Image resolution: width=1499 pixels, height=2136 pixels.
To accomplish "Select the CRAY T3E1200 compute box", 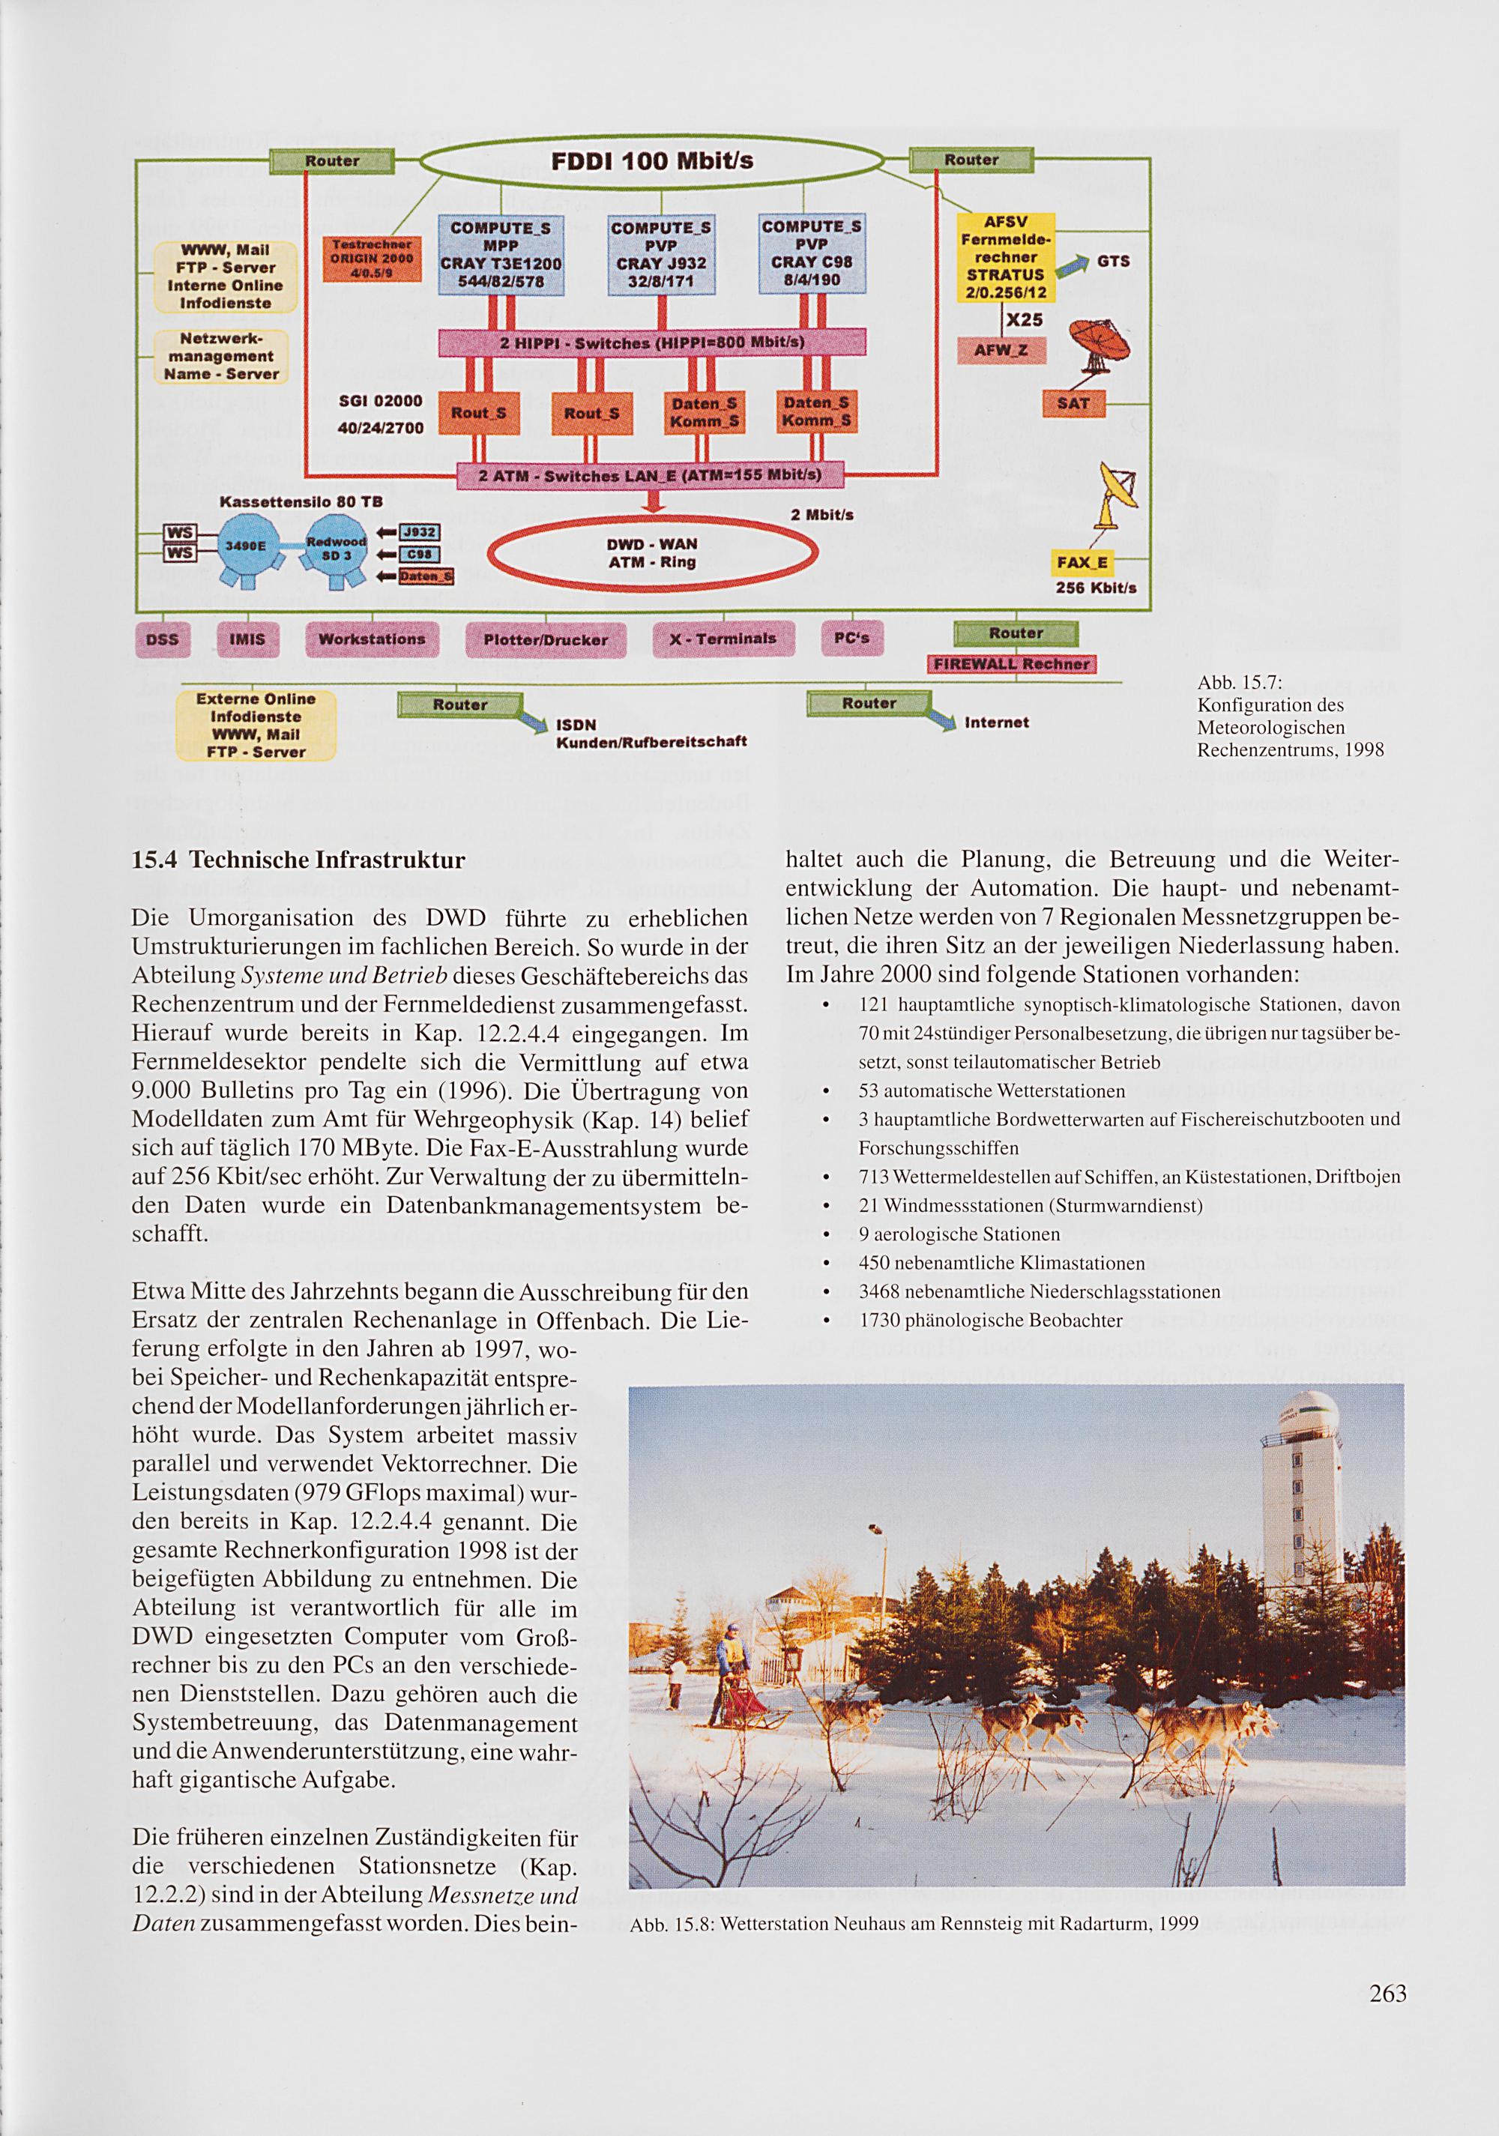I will (501, 254).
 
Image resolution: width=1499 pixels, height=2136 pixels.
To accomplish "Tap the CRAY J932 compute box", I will (660, 255).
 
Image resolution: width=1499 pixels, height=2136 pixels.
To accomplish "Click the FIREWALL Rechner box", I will (1011, 664).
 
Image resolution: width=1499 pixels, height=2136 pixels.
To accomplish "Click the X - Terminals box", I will (723, 639).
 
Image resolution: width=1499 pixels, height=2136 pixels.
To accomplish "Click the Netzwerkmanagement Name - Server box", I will (221, 356).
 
